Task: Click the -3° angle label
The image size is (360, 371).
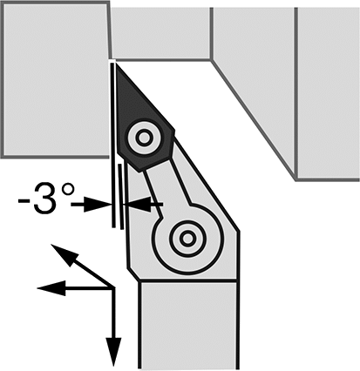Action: (x=46, y=199)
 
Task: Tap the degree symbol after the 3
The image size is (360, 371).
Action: (x=68, y=191)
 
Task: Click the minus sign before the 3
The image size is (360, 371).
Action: (x=24, y=201)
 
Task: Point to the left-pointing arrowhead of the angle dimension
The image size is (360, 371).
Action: (x=137, y=205)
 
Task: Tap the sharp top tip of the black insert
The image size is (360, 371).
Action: (x=116, y=63)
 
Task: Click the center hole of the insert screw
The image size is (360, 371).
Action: (x=144, y=138)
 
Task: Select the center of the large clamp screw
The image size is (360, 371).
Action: (x=187, y=239)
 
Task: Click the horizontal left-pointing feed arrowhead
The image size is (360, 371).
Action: (x=51, y=288)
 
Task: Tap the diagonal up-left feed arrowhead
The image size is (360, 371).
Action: (x=65, y=255)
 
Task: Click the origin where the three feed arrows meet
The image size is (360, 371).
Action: (x=113, y=288)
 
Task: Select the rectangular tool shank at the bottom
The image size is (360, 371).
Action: (x=188, y=326)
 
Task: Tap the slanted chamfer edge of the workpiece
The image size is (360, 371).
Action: (x=254, y=119)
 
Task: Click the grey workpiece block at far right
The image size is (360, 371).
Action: (x=328, y=93)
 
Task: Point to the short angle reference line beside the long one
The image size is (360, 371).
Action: (x=121, y=196)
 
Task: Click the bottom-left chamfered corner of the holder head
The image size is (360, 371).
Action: (x=133, y=274)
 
